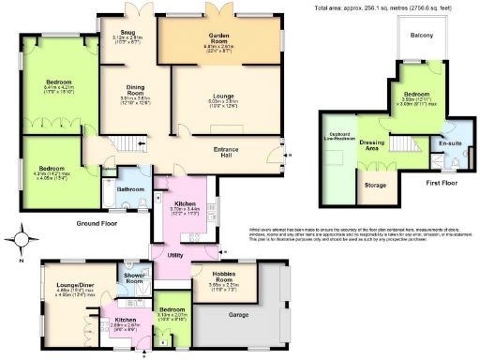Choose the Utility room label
(173, 254)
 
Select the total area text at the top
(385, 7)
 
